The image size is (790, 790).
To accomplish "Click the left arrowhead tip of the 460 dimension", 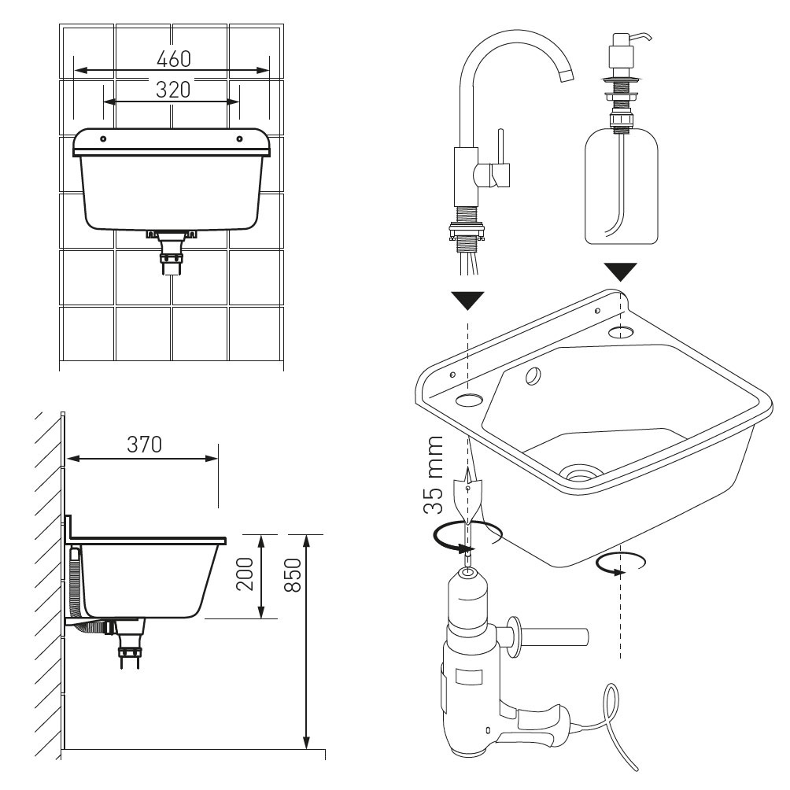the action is pyautogui.click(x=74, y=71).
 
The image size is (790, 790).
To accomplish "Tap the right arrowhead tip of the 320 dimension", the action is pyautogui.click(x=239, y=102).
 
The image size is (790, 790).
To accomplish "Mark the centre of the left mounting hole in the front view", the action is pyautogui.click(x=103, y=138).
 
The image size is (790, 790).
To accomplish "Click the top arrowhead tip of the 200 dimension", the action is pyautogui.click(x=261, y=535).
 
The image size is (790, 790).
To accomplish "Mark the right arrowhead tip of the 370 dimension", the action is pyautogui.click(x=218, y=459).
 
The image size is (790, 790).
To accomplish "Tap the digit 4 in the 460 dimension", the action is pyautogui.click(x=163, y=59).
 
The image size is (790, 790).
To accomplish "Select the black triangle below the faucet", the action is pyautogui.click(x=468, y=301).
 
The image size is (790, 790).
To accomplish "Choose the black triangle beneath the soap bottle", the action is pyautogui.click(x=621, y=272).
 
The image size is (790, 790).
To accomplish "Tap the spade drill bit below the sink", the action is pyautogui.click(x=468, y=499).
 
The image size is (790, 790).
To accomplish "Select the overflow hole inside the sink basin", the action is pyautogui.click(x=533, y=375).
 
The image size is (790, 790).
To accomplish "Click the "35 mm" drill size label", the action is pyautogui.click(x=434, y=474).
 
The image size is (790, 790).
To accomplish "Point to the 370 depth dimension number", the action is pyautogui.click(x=145, y=445).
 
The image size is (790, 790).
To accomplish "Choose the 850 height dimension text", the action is pyautogui.click(x=293, y=575).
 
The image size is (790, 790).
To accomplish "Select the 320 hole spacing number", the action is pyautogui.click(x=173, y=90).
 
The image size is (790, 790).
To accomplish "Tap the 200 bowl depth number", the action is pyautogui.click(x=245, y=574).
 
